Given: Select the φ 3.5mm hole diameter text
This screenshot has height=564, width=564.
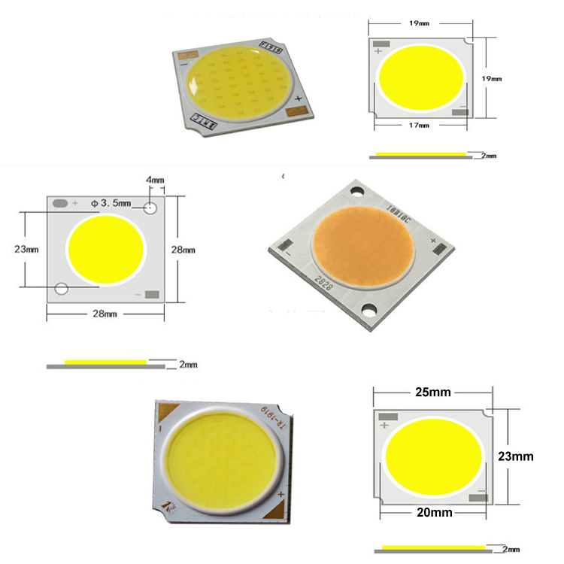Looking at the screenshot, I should coord(111,202).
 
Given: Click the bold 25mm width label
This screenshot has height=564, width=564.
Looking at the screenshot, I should coord(433,393).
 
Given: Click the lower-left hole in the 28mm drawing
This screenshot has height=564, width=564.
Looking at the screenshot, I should coord(61,289).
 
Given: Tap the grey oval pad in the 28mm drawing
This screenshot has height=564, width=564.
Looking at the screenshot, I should coord(60,203).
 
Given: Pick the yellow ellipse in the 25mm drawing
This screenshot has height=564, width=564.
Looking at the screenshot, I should coord(432,456).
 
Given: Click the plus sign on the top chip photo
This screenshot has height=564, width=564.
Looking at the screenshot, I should coord(299,99).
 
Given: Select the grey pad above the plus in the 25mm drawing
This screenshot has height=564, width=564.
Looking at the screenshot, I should coord(388,416).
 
